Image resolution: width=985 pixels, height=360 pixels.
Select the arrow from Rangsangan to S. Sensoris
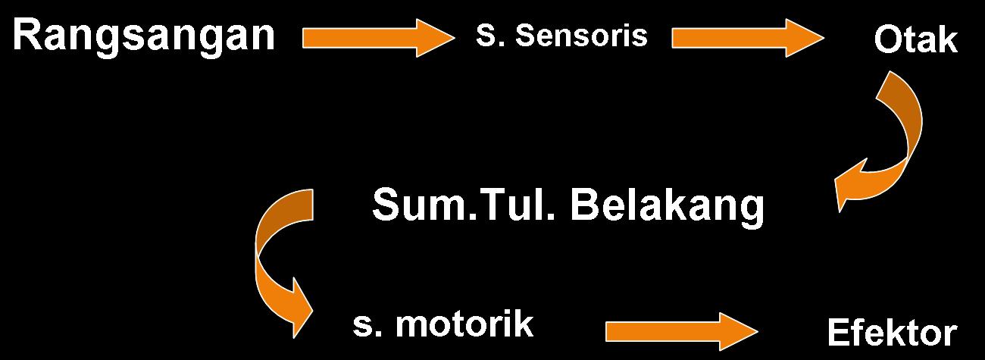pos(379,38)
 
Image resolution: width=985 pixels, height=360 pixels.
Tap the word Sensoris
pos(581,35)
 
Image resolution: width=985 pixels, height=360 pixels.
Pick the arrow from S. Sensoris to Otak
pos(748,38)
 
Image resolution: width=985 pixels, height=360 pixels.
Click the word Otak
pos(915,39)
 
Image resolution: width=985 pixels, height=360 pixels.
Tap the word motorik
pos(464,324)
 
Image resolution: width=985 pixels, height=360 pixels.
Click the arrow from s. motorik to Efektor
pos(682,332)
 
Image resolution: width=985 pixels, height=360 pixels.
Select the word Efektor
pos(892,333)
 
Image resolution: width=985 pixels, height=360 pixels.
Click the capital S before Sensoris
pos(485,35)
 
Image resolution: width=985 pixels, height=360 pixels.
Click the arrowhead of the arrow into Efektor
pos(740,332)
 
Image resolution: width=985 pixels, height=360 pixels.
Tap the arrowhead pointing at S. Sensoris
pos(436,38)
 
